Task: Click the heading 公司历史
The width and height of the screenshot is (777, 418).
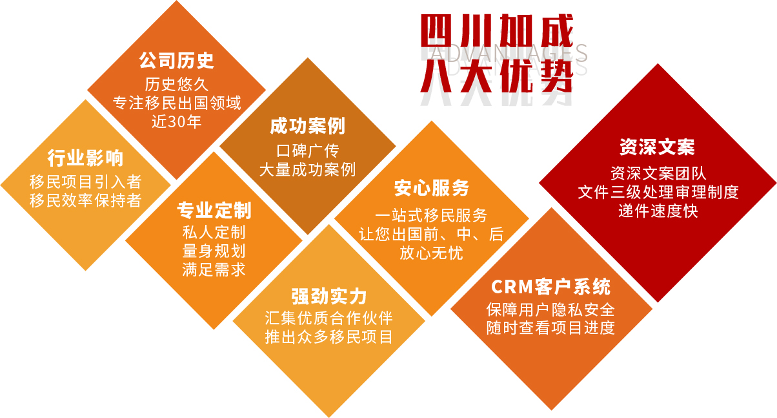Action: coord(177,61)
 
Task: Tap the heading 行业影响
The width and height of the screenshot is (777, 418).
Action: coord(85,158)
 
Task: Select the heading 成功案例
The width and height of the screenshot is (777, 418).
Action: coord(308,126)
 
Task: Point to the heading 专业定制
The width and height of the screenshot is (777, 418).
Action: coord(214,210)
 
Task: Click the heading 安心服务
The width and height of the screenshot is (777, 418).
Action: coord(432,188)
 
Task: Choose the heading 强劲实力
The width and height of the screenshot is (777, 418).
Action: coord(329,296)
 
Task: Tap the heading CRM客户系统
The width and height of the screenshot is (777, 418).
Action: coord(551,287)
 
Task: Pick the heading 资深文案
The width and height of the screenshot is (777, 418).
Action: coord(658,147)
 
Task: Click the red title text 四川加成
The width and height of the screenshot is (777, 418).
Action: coord(497,31)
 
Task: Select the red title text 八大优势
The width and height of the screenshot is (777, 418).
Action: coord(497,76)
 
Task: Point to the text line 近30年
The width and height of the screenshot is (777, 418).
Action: coord(177,121)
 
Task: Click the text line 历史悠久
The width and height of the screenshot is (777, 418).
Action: coord(177,85)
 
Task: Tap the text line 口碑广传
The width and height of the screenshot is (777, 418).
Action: coord(308,151)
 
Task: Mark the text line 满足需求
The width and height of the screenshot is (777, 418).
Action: coord(214,270)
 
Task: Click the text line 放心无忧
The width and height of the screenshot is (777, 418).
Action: coord(432,253)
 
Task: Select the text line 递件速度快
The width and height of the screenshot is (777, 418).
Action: coord(658,211)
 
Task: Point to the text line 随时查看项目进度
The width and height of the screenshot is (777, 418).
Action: coord(551,328)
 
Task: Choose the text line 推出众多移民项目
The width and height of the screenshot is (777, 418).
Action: coord(329,337)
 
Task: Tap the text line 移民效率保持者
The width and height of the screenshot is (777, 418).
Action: coord(85,200)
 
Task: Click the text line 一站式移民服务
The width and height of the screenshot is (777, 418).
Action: coord(432,215)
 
